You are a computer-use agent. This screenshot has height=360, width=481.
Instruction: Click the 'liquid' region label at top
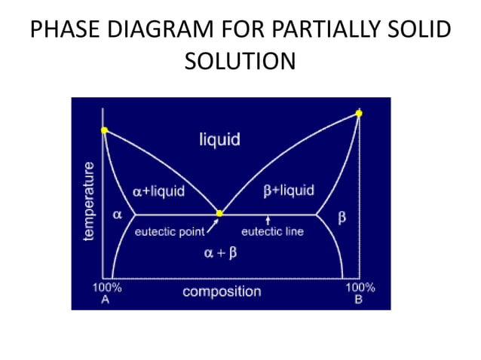(x=219, y=139)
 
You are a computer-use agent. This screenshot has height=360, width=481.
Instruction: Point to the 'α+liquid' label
(x=158, y=191)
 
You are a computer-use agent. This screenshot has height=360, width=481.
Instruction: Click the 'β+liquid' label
(x=289, y=191)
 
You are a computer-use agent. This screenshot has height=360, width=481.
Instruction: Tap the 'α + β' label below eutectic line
(x=219, y=253)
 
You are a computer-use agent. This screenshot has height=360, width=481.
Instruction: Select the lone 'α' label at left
(x=118, y=214)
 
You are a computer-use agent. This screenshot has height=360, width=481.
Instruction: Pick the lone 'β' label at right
(x=342, y=218)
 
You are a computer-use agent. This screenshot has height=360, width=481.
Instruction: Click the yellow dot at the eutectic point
(x=219, y=214)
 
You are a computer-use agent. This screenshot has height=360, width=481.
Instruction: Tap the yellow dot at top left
(x=104, y=130)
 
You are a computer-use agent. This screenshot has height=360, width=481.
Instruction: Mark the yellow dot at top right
(x=359, y=113)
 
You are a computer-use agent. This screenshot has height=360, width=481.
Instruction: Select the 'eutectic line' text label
(x=272, y=232)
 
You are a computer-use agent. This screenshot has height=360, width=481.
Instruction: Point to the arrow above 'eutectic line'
(x=268, y=221)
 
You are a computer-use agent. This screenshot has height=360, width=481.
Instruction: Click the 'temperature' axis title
(x=90, y=201)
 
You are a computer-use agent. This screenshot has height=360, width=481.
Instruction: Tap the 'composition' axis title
(x=222, y=291)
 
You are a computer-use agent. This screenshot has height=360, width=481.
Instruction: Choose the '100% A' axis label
(x=106, y=293)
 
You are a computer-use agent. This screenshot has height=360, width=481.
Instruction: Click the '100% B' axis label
(x=359, y=293)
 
